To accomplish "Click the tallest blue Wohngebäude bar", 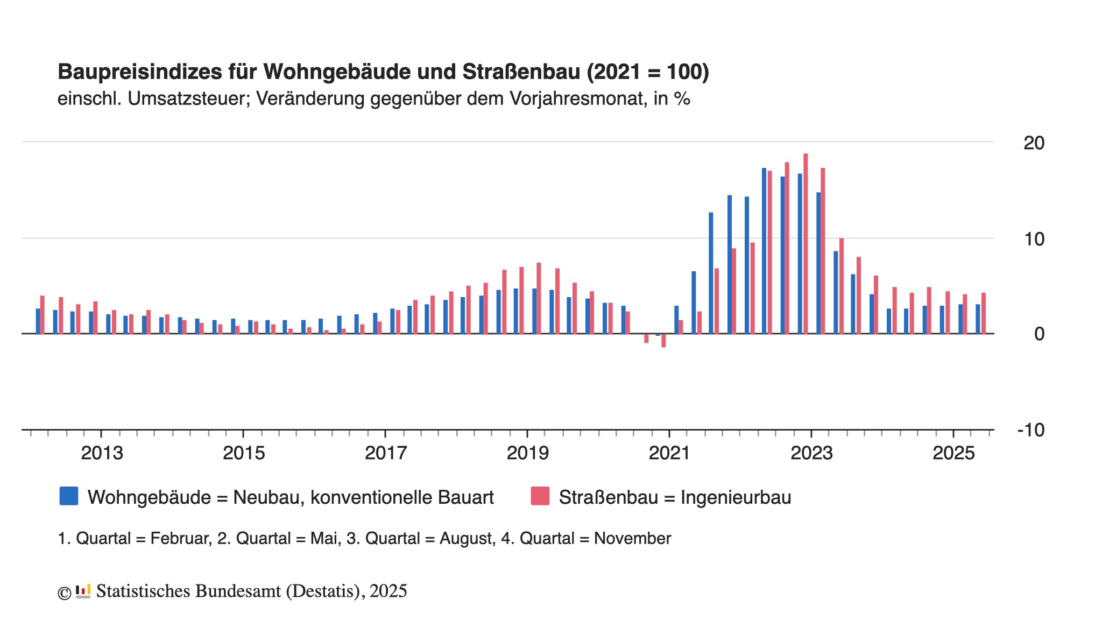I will point(764,251).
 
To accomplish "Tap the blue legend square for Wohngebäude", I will point(69,496).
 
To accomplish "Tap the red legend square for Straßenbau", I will point(540,496).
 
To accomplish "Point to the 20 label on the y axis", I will point(1034,143).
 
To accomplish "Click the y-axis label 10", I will point(1034,239).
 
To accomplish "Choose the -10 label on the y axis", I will point(1030,430).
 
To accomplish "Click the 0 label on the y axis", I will point(1039,334).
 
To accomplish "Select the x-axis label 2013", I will point(102,453).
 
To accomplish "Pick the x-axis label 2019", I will point(528,453).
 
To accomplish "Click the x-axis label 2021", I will point(669,453).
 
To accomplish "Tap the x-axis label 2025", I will point(953,453).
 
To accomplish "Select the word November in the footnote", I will point(632,539).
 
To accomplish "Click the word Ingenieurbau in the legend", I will point(736,497).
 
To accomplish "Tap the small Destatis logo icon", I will point(83,591).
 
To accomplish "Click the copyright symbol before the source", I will point(65,593).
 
